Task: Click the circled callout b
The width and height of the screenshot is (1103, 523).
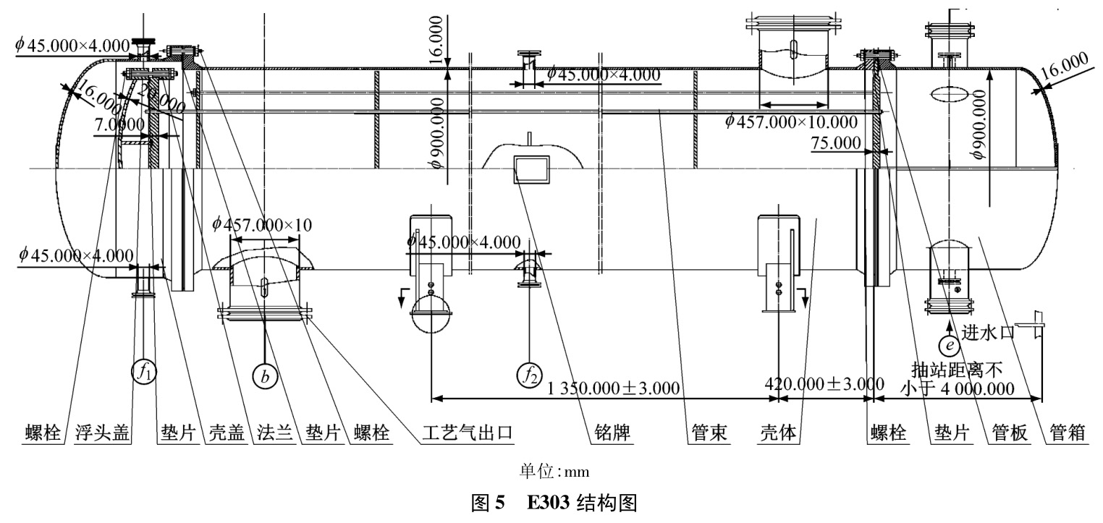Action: tap(266, 375)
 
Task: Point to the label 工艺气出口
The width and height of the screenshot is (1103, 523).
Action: tap(468, 433)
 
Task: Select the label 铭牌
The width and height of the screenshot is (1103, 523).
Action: tap(611, 433)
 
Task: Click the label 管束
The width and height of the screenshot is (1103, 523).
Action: tap(706, 433)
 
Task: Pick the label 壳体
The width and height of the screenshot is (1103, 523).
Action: tap(779, 433)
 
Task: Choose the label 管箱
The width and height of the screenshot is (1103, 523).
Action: tap(1065, 433)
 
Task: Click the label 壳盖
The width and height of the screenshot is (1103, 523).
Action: tap(224, 433)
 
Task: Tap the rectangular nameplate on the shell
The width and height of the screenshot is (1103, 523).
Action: tap(531, 169)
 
